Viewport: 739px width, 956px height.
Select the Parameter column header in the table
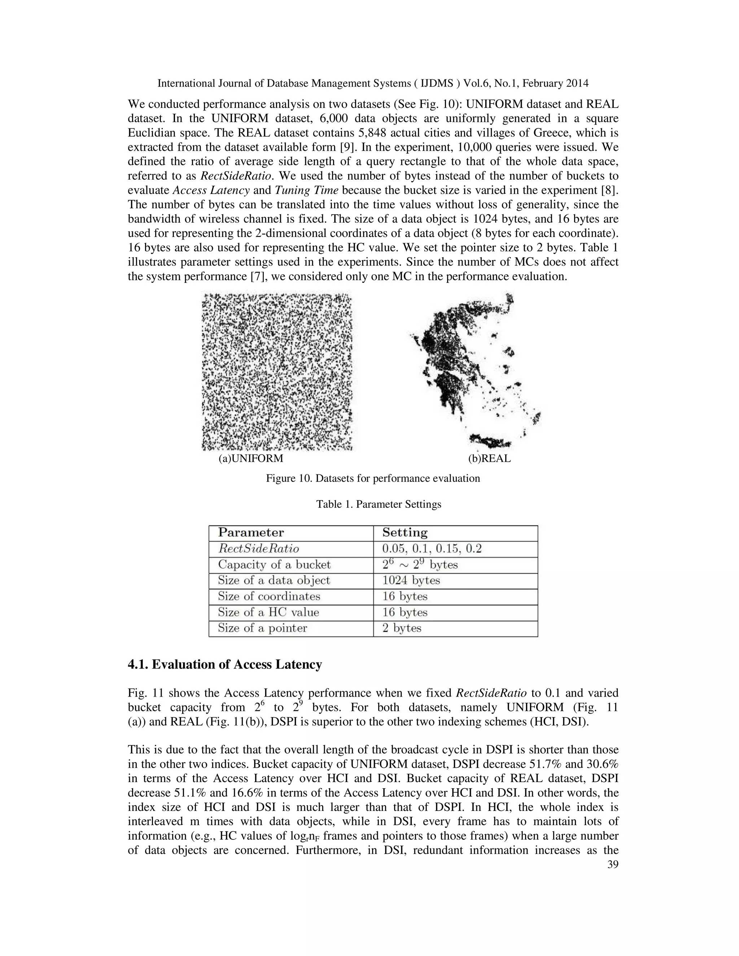(x=251, y=533)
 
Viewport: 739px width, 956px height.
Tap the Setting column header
(x=405, y=533)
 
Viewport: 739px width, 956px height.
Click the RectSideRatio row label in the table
(x=259, y=548)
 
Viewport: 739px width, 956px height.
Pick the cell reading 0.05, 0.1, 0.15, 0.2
(x=432, y=548)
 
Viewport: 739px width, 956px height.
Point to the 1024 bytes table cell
(x=411, y=580)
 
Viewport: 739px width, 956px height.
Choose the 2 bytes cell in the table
(x=402, y=628)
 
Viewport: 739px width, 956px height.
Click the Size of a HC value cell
(x=268, y=613)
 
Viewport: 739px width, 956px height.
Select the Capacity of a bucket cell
(x=275, y=565)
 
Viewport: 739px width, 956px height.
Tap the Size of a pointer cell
(x=263, y=628)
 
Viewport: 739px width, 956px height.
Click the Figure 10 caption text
(x=372, y=478)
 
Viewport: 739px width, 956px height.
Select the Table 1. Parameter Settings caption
(x=379, y=504)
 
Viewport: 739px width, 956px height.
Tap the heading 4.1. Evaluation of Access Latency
(x=224, y=665)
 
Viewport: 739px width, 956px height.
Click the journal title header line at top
(x=372, y=83)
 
